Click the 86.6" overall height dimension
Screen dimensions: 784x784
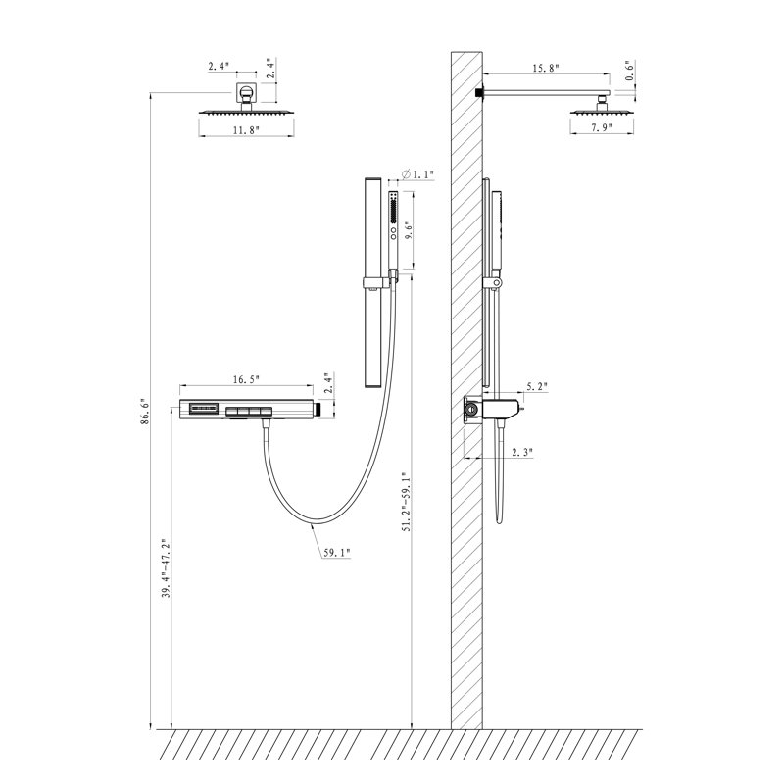tap(145, 412)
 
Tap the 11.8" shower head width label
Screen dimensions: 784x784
tap(247, 130)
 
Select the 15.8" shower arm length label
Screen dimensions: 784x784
tap(546, 68)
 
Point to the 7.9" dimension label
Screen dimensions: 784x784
tap(602, 128)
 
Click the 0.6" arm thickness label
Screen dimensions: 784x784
tap(630, 71)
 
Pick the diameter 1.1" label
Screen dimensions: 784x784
tap(418, 174)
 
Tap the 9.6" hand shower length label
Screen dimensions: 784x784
tap(409, 230)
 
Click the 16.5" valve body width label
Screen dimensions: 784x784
tap(246, 379)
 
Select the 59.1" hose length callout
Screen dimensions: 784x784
tap(336, 553)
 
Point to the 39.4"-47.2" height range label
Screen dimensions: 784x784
tap(167, 568)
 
